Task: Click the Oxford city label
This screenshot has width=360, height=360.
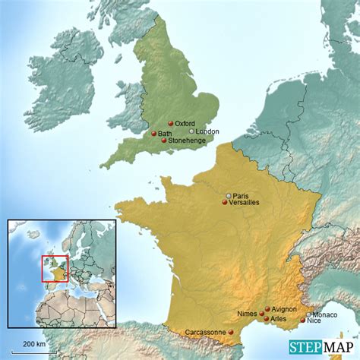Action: point(185,123)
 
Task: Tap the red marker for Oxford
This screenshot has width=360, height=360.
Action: point(171,123)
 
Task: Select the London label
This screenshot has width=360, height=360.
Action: point(207,131)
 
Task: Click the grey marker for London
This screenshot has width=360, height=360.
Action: point(191,131)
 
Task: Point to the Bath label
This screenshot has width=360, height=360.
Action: point(165,133)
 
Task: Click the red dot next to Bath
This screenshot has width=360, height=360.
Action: point(153,134)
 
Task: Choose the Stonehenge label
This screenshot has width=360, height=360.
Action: point(186,141)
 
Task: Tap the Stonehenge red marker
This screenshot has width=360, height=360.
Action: point(164,141)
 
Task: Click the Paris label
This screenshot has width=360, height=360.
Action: point(241,195)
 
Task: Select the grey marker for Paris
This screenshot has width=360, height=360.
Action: point(229,196)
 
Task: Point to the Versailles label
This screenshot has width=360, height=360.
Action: point(244,203)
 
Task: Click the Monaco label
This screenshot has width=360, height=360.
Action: point(325,314)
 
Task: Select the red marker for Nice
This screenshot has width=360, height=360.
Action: point(302,321)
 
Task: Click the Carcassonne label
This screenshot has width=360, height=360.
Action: point(206,332)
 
